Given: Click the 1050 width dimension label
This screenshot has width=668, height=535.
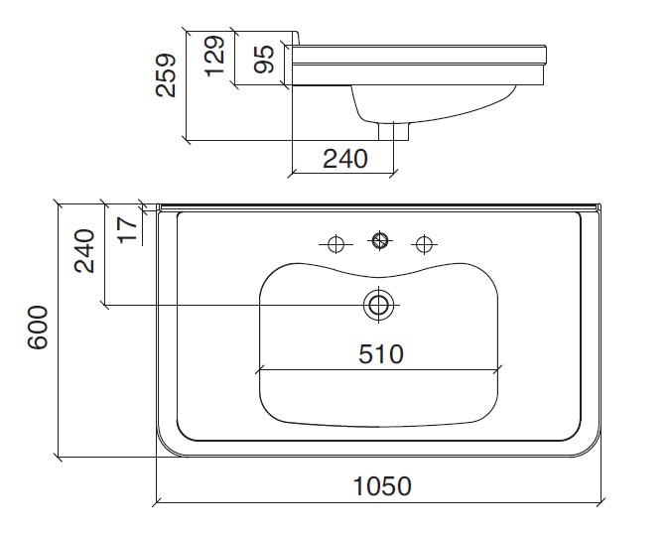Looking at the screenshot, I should pos(382,485).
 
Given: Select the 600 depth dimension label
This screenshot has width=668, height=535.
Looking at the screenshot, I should pos(38,328).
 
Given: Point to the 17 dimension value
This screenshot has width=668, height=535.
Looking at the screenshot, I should pos(126,228).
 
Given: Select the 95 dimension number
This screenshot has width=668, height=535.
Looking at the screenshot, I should pos(263,59).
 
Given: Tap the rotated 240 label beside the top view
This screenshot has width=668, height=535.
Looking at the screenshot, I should pos(84,251).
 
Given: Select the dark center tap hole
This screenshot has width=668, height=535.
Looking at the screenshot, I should pos(378,240).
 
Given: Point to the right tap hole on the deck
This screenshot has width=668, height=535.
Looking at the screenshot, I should pos(424,242).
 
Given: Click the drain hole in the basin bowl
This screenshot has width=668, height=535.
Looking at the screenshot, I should pos(377,305).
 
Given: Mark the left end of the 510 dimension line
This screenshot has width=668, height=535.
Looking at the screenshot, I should pos(258,371).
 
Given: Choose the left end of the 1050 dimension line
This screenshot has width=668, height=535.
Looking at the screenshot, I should pos(157,499).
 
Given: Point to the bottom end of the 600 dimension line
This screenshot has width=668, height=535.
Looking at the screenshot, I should pos(61,458).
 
